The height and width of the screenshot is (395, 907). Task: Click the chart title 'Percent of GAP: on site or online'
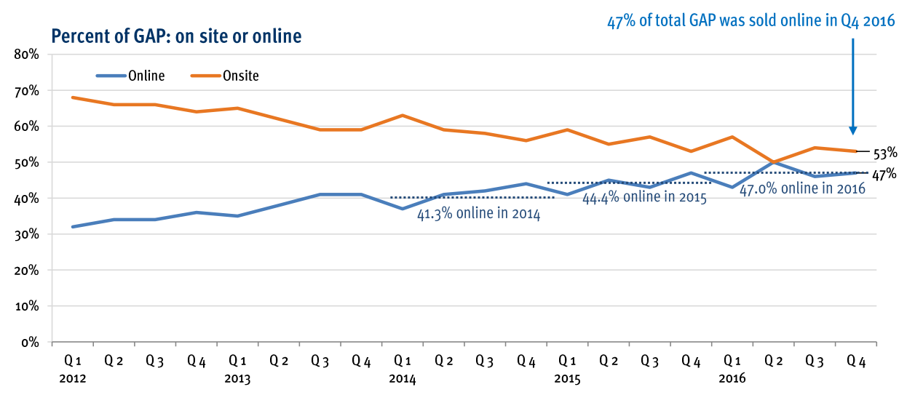[x=175, y=36]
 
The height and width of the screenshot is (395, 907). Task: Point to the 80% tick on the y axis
[x=27, y=55]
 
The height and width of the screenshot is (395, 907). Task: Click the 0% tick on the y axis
[x=30, y=342]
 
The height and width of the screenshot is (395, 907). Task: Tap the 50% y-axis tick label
[x=27, y=162]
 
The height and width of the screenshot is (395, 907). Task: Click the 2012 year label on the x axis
[x=73, y=379]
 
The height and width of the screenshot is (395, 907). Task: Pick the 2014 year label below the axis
[x=403, y=379]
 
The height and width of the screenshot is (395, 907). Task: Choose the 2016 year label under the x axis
[x=732, y=379]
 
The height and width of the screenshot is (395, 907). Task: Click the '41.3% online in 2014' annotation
[x=478, y=215]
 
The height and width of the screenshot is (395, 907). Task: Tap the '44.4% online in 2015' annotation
[x=645, y=198]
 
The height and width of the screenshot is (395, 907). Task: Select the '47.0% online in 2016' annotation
[x=802, y=189]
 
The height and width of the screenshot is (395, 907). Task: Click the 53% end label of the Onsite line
[x=884, y=153]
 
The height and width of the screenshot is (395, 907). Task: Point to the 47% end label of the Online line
[x=884, y=175]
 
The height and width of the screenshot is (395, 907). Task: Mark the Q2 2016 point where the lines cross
[x=773, y=162]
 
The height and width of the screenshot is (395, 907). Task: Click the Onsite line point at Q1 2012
[x=73, y=97]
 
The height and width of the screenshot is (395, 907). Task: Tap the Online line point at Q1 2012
[x=73, y=227]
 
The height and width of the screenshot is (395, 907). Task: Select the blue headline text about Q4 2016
[x=751, y=21]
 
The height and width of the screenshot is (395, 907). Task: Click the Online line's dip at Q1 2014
[x=403, y=209]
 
